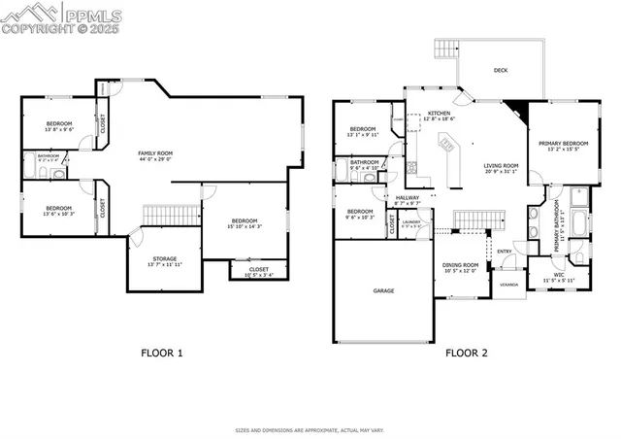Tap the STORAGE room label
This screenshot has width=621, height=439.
(163, 259)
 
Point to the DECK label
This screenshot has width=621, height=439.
(501, 70)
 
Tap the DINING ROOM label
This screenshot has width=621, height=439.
(462, 265)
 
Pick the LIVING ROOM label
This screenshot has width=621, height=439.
(502, 166)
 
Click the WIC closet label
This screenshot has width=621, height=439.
(559, 275)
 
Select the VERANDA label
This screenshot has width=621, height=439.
(507, 285)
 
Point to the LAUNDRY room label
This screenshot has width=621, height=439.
(411, 222)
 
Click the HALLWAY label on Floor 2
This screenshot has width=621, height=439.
(408, 198)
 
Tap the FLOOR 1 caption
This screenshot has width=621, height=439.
(161, 353)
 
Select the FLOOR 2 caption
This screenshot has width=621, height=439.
(466, 353)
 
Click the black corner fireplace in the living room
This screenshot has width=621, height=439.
(517, 110)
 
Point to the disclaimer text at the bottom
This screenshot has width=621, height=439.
(310, 427)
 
